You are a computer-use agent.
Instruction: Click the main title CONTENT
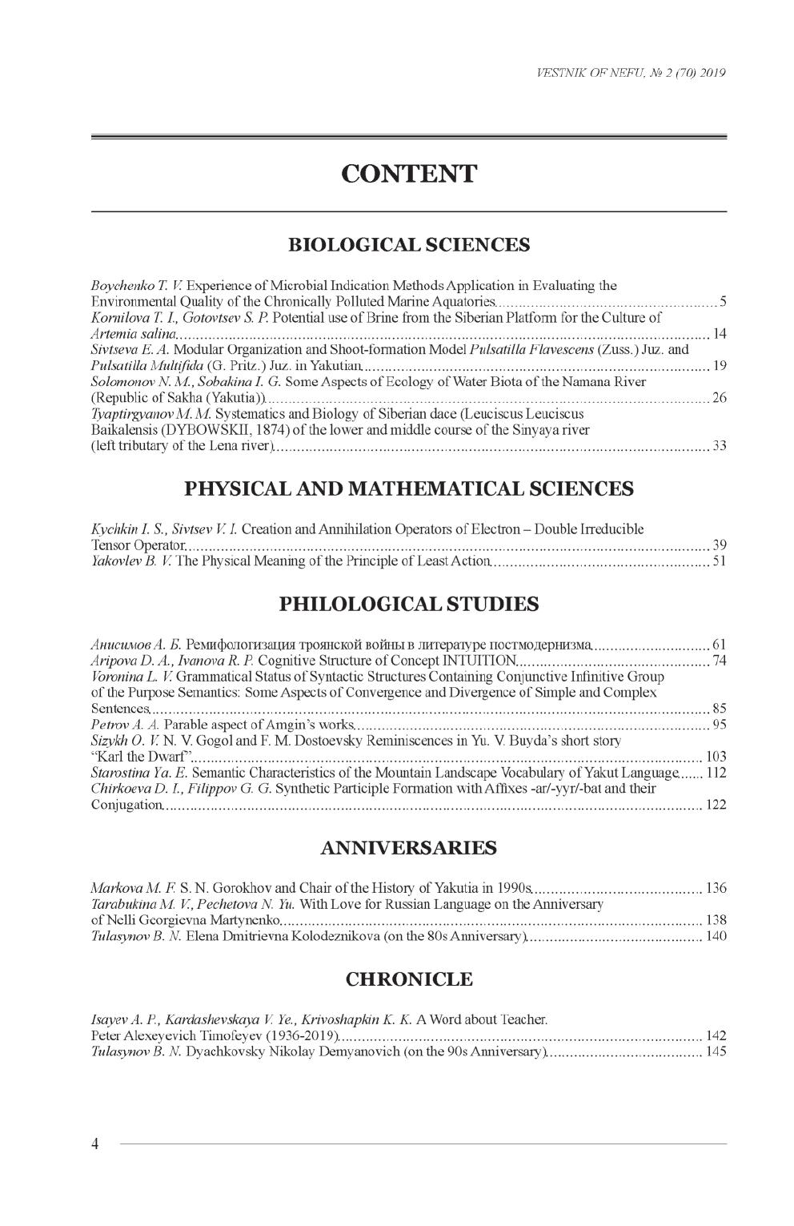(408, 174)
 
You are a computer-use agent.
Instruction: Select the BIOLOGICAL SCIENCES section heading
(408, 245)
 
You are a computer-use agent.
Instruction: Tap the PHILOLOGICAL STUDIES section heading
(408, 604)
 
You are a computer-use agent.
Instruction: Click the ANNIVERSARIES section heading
(408, 848)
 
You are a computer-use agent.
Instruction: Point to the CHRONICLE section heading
(408, 979)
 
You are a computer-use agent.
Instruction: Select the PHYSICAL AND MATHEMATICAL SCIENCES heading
(408, 488)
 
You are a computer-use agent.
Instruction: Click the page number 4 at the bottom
(94, 1144)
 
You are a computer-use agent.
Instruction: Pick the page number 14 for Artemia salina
(719, 333)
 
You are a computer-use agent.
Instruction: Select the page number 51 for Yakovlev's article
(719, 561)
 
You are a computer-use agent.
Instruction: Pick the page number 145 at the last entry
(716, 1051)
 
